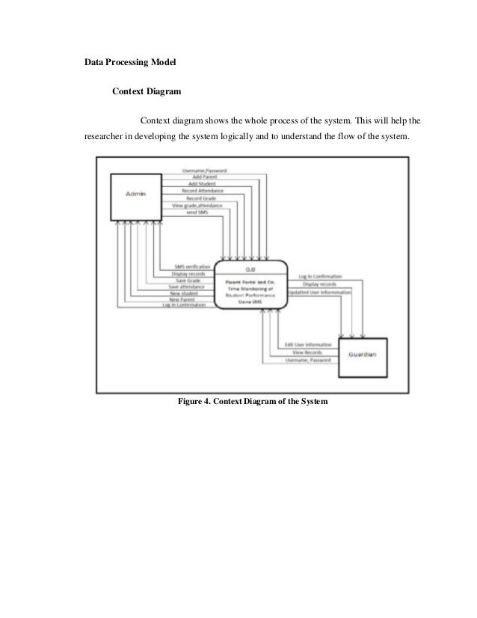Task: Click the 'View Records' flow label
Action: coord(308,352)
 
